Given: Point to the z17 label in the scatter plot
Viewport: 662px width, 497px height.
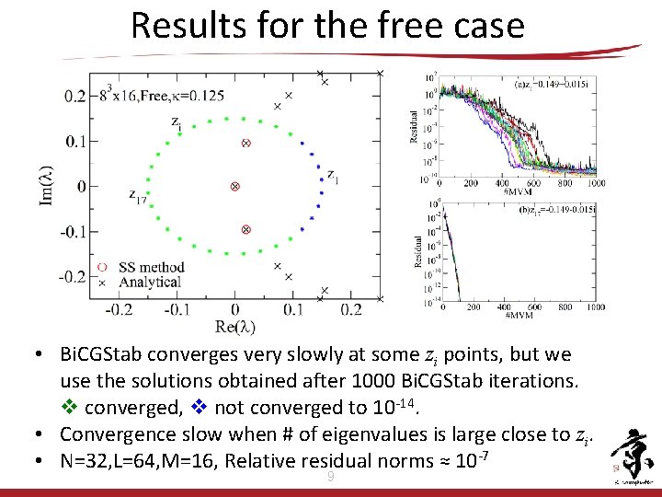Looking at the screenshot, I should pyautogui.click(x=138, y=196).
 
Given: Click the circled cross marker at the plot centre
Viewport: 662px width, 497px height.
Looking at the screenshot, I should pyautogui.click(x=234, y=186).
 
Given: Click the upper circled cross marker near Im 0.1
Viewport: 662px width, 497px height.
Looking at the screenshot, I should pyautogui.click(x=245, y=143).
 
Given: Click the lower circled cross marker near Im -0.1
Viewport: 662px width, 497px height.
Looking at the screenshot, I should pyautogui.click(x=245, y=229).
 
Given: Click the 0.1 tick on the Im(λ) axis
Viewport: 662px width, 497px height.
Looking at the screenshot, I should pyautogui.click(x=75, y=141).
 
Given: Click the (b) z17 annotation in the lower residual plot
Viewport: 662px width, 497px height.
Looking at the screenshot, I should pyautogui.click(x=556, y=211).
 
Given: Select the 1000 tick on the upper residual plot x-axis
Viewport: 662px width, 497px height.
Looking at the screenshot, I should pyautogui.click(x=596, y=183).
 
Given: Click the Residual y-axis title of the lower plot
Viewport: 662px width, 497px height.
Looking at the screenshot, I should pyautogui.click(x=418, y=249).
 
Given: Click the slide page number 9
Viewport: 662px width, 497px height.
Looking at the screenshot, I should pyautogui.click(x=331, y=476).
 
